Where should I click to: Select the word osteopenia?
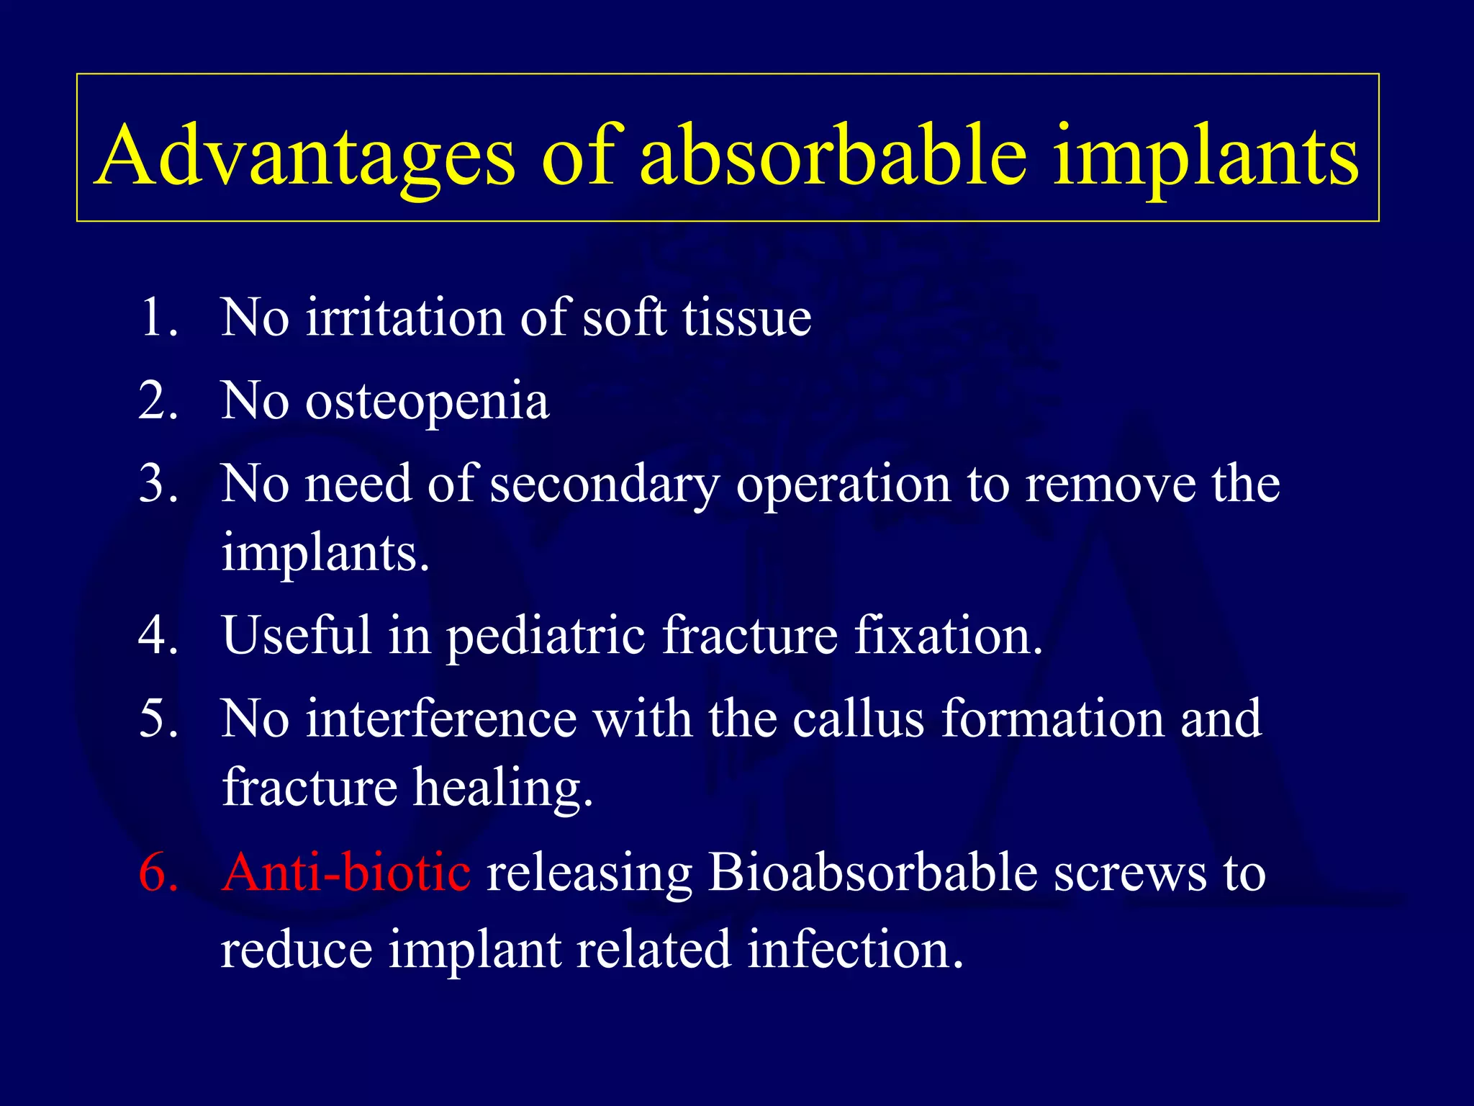coord(428,402)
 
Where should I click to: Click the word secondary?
coord(605,485)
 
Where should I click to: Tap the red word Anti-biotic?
coord(346,872)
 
